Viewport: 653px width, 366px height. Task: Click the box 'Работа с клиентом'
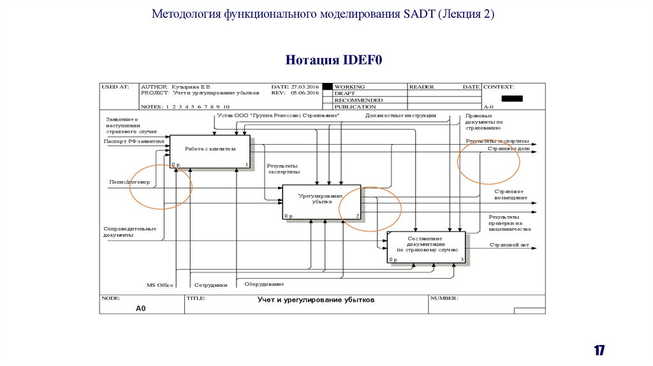click(210, 152)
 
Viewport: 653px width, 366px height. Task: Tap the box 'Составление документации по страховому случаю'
click(426, 247)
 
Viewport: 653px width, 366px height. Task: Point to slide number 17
click(599, 350)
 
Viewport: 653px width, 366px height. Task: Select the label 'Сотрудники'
click(210, 285)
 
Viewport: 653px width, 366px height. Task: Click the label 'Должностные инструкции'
click(400, 115)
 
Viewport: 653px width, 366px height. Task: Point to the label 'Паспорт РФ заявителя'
click(133, 141)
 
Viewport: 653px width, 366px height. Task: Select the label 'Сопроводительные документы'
click(129, 231)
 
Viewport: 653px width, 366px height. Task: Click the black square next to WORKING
click(328, 87)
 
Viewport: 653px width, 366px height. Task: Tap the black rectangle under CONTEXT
click(512, 98)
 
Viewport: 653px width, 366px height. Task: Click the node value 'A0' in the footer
click(141, 308)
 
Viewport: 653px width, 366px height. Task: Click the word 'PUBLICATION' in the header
click(355, 106)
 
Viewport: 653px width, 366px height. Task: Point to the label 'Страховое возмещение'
click(510, 194)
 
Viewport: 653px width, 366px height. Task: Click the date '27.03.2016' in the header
click(304, 86)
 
